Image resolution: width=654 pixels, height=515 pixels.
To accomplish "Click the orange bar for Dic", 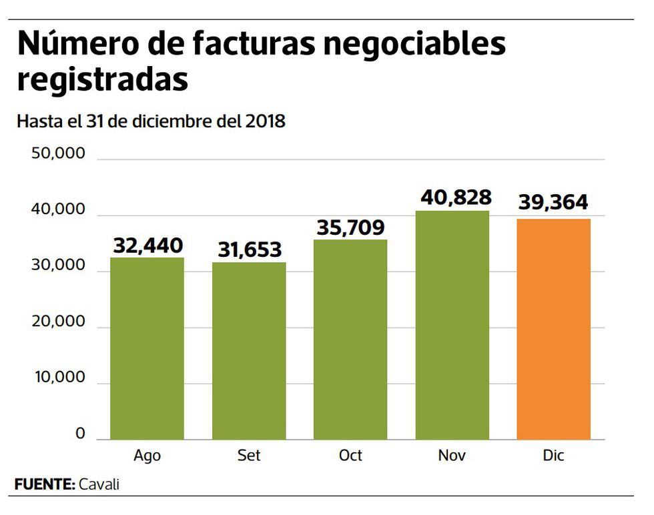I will (554, 329).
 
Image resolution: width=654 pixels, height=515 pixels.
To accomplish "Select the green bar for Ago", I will (147, 348).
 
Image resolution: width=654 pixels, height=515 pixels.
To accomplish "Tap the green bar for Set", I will (249, 351).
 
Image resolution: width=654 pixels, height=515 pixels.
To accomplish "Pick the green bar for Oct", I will (350, 340).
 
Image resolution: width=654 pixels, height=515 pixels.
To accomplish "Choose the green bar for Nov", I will (452, 325).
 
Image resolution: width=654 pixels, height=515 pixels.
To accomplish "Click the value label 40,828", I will (456, 197).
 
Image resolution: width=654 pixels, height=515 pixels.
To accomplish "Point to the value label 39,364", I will (553, 203).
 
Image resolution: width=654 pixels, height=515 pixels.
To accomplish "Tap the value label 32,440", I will (147, 245).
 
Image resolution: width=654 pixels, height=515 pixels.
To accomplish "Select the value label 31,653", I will (250, 250).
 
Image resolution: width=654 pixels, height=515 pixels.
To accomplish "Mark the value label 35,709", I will (350, 227).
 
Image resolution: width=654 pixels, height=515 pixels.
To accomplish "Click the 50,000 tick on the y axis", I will (59, 154).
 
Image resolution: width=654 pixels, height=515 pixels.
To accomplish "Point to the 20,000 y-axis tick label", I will (59, 322).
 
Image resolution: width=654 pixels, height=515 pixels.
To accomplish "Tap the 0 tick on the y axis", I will (80, 434).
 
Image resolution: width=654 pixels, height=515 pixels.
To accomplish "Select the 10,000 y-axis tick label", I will (59, 378).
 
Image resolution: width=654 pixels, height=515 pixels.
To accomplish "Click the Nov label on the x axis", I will (452, 456).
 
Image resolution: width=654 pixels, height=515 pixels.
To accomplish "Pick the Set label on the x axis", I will (249, 456).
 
